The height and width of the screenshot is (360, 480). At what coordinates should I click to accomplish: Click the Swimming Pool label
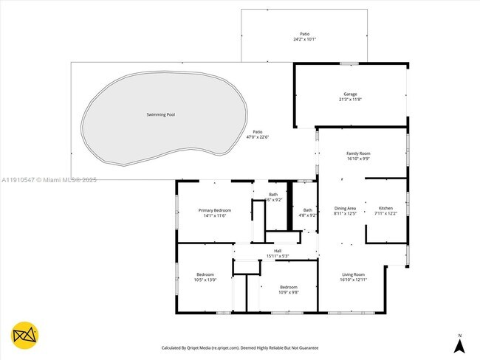pos(161,114)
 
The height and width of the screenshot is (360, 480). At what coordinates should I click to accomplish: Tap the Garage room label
pos(350,94)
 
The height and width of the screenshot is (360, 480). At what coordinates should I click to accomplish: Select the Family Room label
pos(358,153)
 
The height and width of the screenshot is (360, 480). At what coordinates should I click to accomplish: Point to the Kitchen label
pos(386,208)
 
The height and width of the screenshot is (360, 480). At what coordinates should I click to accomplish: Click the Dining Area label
pos(346,208)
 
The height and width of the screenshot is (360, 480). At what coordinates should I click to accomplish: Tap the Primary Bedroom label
pos(215,210)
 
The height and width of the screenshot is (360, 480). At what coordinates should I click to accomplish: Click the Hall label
pos(278,251)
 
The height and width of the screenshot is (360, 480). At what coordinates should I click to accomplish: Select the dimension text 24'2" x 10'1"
pos(304,39)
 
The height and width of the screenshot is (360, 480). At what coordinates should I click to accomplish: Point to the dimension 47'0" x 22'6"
pos(258,136)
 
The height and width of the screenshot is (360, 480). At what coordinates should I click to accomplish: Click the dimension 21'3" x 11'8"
pos(350,100)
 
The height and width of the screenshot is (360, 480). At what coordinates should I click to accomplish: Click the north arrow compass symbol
pos(459,344)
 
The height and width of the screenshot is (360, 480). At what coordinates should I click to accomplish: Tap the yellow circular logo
pos(24,335)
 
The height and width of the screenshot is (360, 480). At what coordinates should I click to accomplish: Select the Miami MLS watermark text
pos(49,179)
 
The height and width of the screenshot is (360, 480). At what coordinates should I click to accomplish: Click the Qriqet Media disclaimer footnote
pos(240,347)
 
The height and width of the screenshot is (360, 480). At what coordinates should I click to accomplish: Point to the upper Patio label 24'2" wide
pos(304,34)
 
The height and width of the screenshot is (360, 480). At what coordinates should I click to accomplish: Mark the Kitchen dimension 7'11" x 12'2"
pos(386,214)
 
